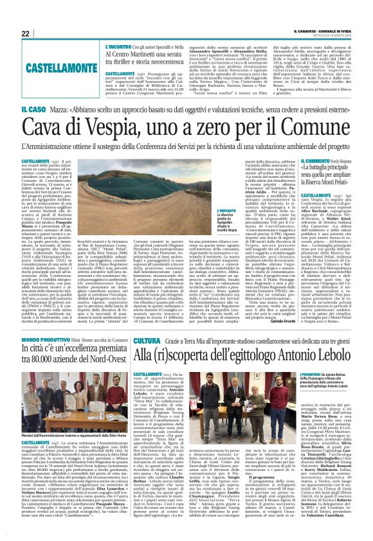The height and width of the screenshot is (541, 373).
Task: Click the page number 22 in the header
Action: pos(26,33)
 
